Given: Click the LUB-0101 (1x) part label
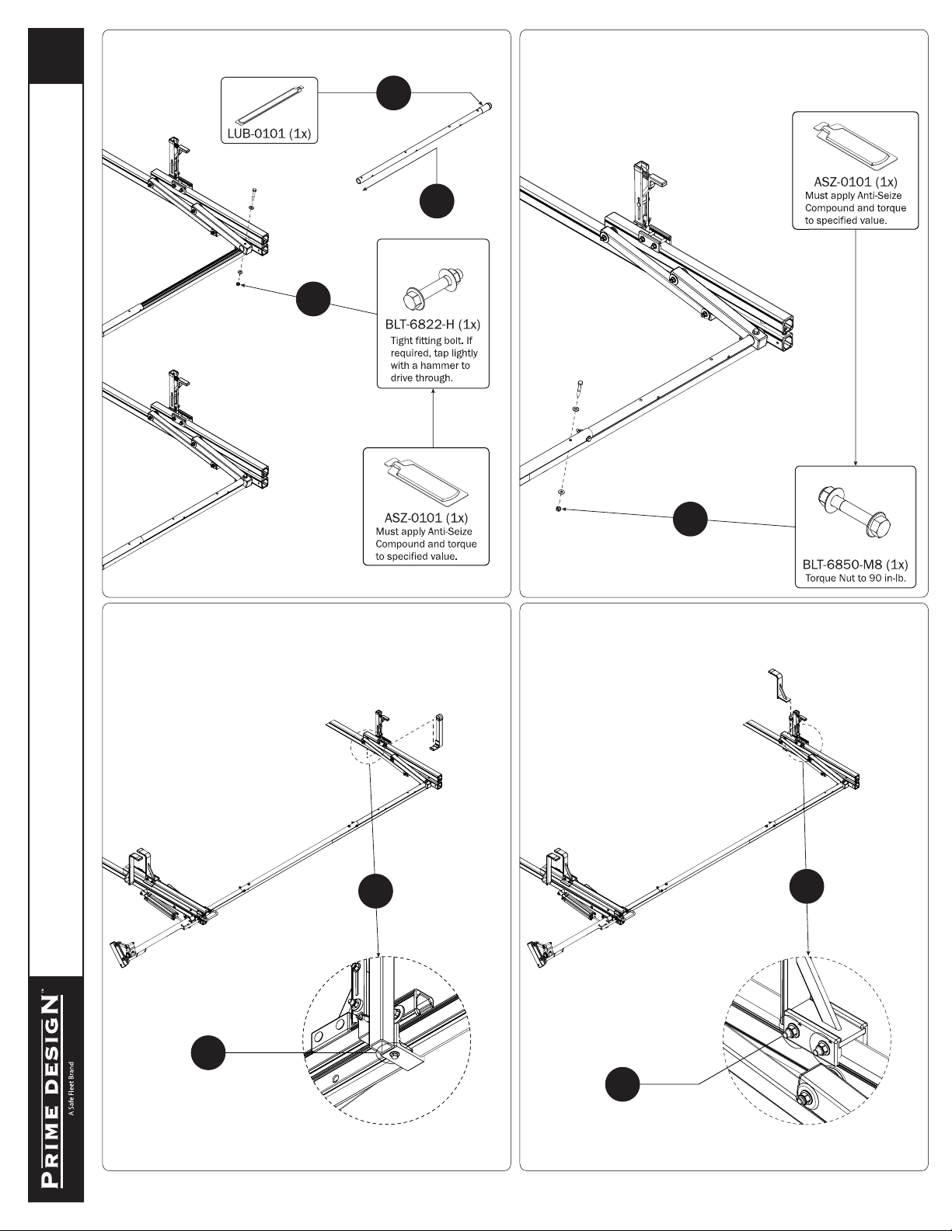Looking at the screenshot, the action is pos(269,134).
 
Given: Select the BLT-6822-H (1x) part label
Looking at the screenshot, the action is pos(432,324).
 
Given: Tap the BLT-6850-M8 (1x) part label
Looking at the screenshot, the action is pos(855,564).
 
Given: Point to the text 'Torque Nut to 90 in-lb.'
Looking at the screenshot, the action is pos(856,579).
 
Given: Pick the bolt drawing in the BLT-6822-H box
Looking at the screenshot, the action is pos(434,288).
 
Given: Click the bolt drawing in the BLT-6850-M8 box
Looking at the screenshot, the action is pos(855,510).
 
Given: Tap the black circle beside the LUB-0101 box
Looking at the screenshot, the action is pos(393,93).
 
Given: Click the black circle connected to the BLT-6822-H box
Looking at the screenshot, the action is pos(313,299).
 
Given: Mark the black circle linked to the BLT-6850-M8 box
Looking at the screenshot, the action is pos(690,519).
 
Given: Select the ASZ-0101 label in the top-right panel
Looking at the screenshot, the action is pos(855,182).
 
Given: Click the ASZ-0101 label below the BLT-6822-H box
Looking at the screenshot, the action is pos(426,518).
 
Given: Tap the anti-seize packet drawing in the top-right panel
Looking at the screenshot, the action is pos(855,145).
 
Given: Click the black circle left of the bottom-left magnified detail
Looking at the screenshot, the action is pos(208,1052).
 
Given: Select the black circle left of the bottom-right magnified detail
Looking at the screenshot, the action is pos(622,1083).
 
